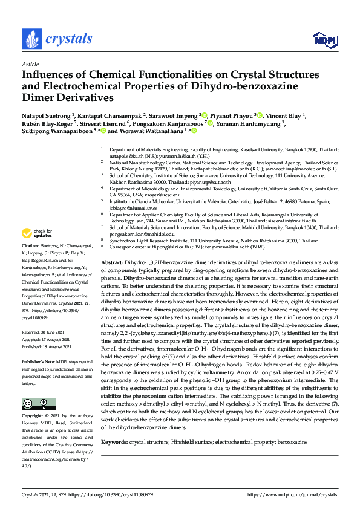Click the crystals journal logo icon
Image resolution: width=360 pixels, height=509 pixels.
coord(32,39)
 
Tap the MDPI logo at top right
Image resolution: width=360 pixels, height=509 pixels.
coord(323,40)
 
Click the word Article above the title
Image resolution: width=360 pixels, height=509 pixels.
coord(30,64)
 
